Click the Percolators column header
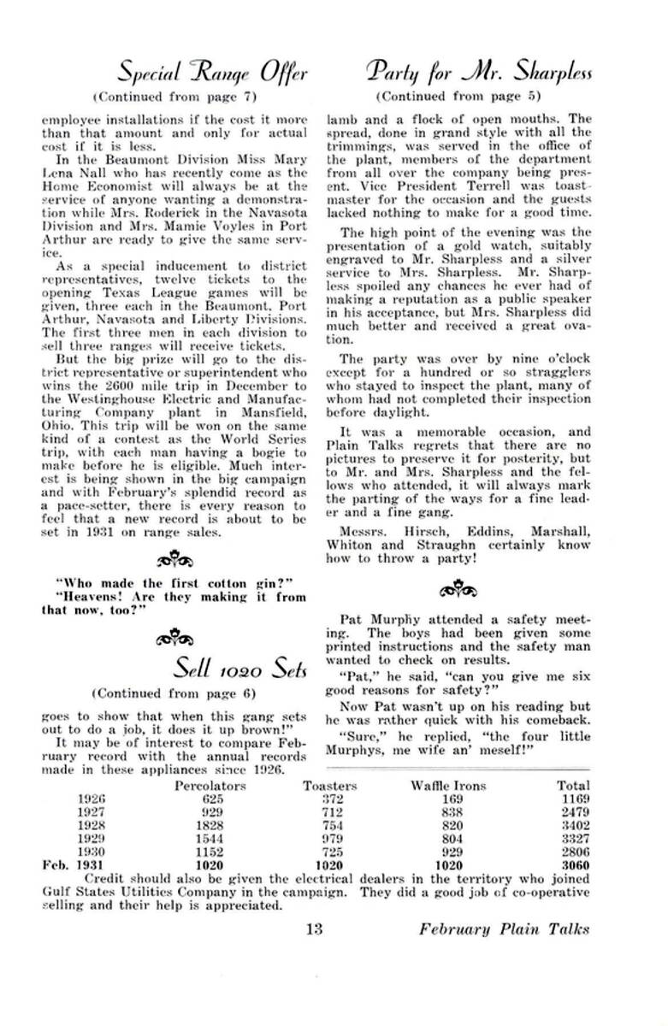coord(210,786)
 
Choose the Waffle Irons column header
coord(448,786)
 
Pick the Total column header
coord(572,786)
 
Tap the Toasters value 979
coord(331,840)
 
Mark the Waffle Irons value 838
coord(452,812)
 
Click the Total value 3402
coord(574,826)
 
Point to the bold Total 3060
coord(574,865)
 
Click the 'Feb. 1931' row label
coord(73,865)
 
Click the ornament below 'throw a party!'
coord(451,591)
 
